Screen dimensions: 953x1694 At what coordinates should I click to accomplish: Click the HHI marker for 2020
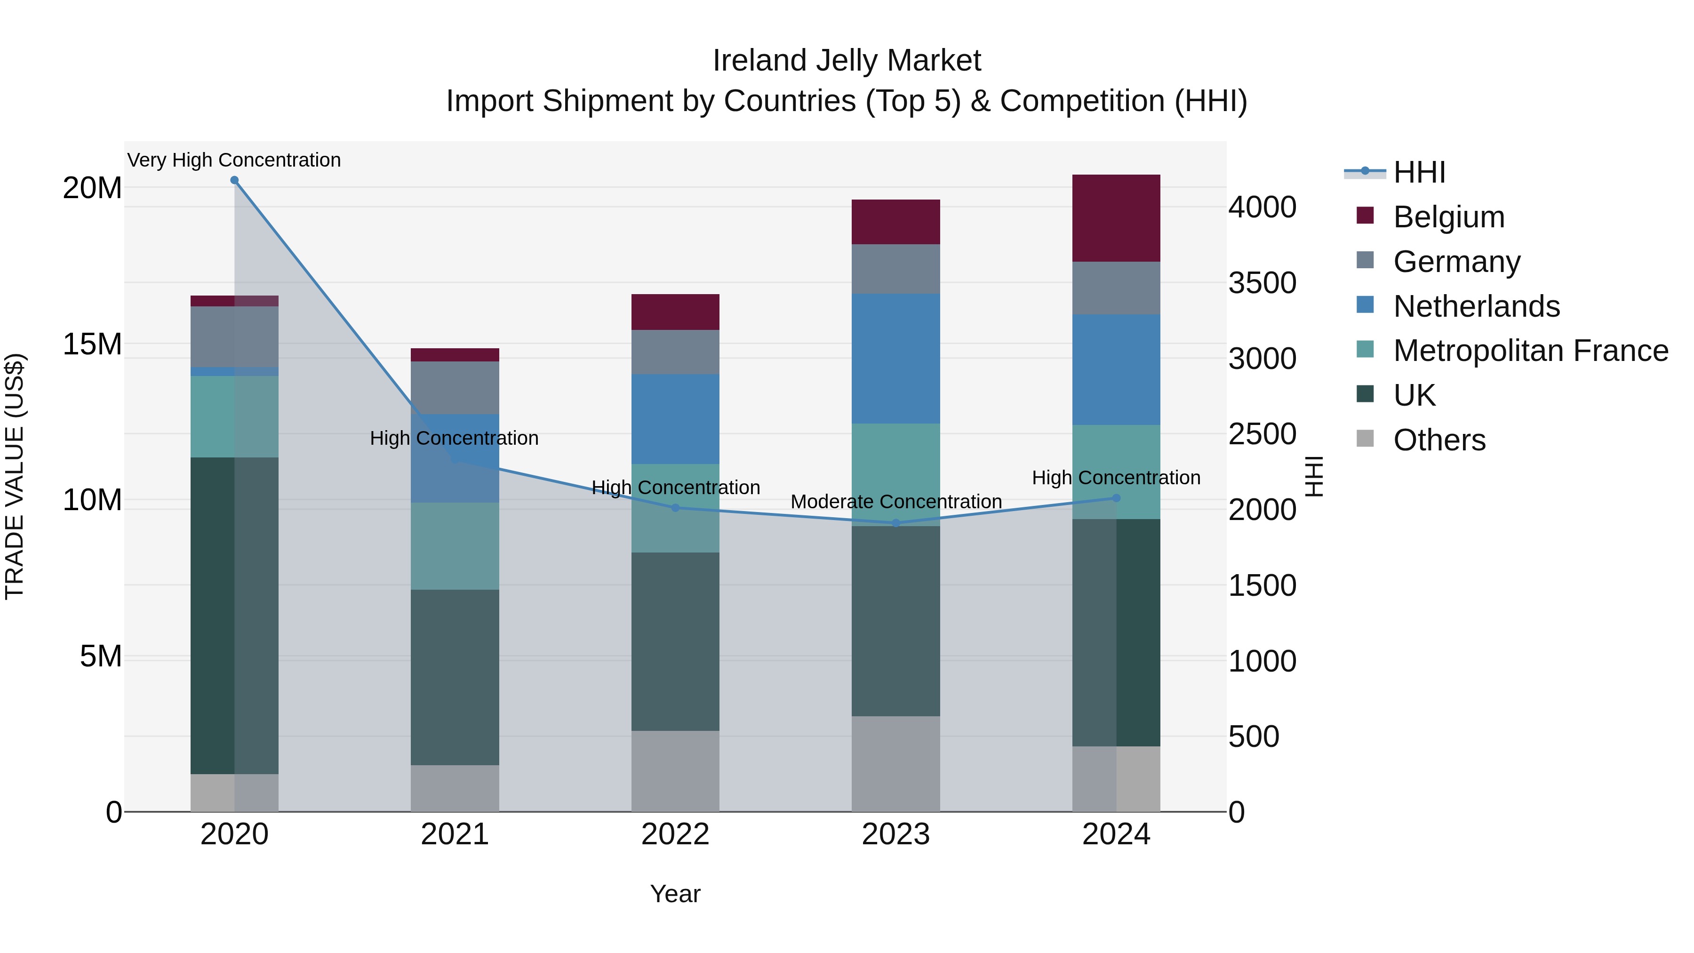coord(234,180)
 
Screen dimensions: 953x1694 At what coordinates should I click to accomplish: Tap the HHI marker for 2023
coord(895,523)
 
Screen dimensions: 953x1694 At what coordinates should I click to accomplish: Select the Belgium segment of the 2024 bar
coord(1116,218)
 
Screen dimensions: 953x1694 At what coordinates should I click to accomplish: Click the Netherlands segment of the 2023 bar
coord(895,359)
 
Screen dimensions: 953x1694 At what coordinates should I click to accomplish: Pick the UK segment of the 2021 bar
coord(455,677)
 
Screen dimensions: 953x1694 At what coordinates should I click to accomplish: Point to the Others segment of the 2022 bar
coord(675,771)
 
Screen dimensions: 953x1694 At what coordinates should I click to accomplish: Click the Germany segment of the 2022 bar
coord(675,352)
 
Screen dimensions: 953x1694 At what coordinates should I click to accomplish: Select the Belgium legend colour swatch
coord(1365,216)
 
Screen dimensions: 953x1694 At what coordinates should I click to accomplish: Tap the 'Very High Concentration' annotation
coord(234,160)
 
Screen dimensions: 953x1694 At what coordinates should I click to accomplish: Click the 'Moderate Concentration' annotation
coord(895,501)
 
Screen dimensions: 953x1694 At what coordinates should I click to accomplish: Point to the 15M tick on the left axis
coord(92,344)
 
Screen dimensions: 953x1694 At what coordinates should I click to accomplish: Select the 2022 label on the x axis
coord(675,834)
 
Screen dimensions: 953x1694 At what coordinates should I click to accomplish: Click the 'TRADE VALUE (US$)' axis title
coord(15,476)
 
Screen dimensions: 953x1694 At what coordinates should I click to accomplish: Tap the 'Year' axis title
coord(675,894)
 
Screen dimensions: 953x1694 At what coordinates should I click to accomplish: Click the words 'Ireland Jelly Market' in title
coord(847,61)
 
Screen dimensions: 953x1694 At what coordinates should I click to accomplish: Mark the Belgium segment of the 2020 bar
coord(234,301)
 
